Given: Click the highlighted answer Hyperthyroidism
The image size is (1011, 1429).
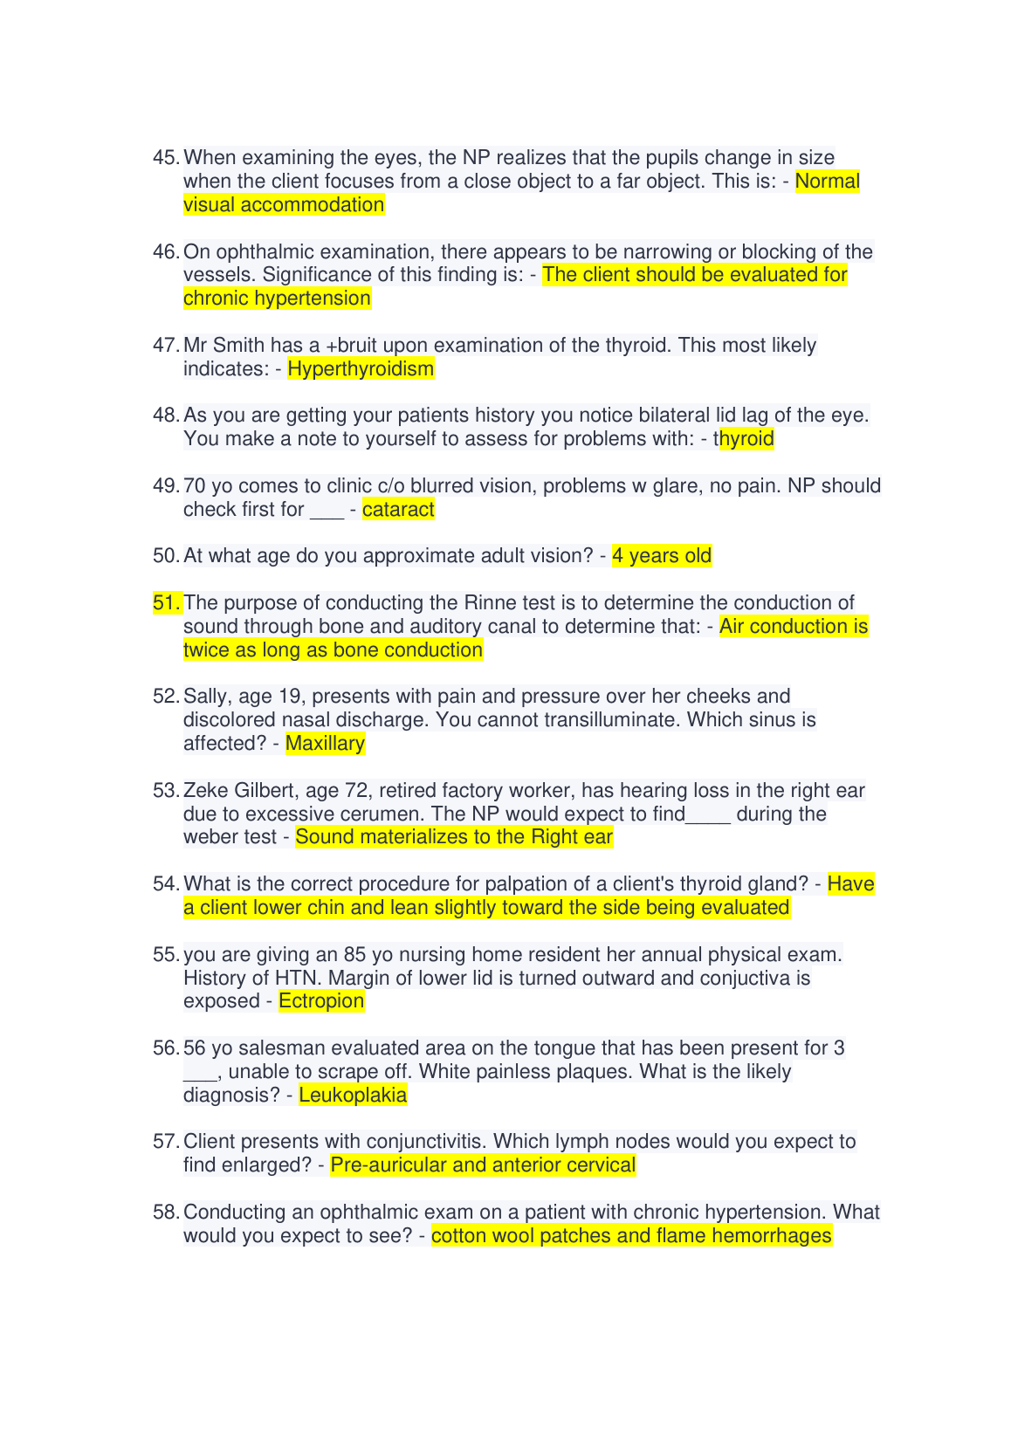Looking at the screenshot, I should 361,369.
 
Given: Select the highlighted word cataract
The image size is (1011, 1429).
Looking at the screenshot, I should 398,510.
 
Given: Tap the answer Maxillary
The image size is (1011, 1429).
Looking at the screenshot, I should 325,744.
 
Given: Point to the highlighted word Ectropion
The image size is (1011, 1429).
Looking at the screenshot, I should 321,1001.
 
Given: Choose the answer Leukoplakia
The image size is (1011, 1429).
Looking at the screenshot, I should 353,1096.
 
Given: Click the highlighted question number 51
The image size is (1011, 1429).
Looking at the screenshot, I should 166,603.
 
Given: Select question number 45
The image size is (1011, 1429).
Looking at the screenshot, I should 166,158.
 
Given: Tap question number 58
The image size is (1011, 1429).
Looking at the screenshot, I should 166,1213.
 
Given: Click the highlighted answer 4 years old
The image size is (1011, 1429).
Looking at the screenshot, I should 662,556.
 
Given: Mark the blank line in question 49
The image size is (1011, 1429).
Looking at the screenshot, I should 327,512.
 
